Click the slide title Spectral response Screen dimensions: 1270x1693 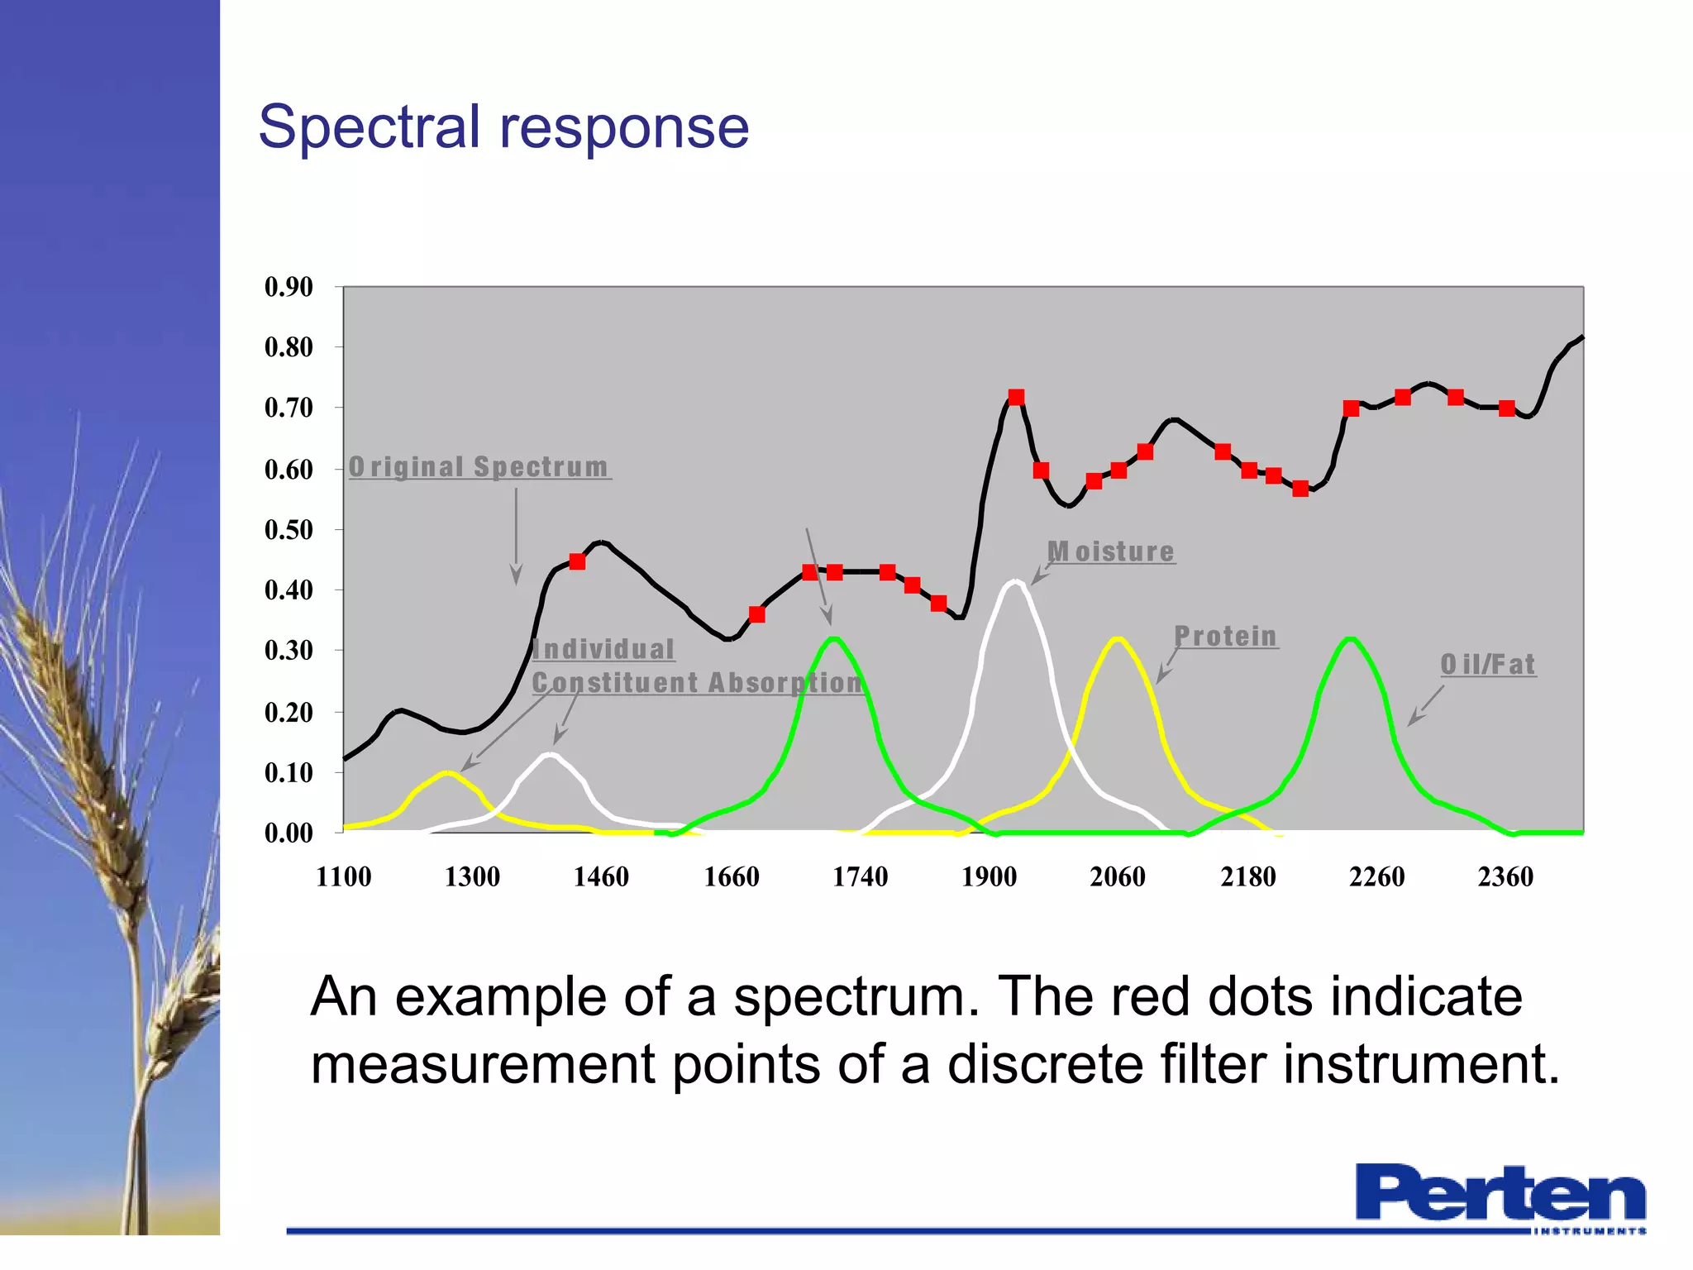[x=503, y=128]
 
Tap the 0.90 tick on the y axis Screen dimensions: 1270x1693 [x=289, y=287]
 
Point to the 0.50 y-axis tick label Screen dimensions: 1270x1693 [x=289, y=530]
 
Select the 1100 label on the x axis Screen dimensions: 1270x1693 [x=343, y=876]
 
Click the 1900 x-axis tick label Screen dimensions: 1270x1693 [x=989, y=876]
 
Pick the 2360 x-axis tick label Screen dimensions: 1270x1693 [x=1505, y=876]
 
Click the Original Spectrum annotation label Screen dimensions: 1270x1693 [x=479, y=467]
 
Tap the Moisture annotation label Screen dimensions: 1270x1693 [x=1111, y=551]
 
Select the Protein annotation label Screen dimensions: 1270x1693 [x=1226, y=636]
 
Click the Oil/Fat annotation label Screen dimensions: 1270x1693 [x=1488, y=665]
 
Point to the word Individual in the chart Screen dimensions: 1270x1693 [x=603, y=649]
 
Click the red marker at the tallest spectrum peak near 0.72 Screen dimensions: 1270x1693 [x=1017, y=398]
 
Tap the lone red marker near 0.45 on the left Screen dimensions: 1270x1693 [x=578, y=562]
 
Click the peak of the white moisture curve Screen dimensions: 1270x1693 [x=1013, y=582]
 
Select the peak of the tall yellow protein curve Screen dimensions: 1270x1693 [x=1118, y=639]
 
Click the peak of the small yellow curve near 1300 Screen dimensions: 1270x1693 [x=447, y=773]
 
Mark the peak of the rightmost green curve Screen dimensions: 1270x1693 [x=1351, y=639]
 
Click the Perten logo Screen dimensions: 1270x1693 [x=1500, y=1196]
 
